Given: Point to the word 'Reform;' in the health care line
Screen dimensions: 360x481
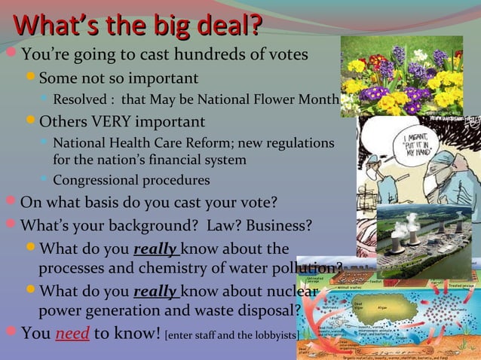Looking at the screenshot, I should (x=228, y=142).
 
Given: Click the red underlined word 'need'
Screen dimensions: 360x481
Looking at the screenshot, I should (x=75, y=333).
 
